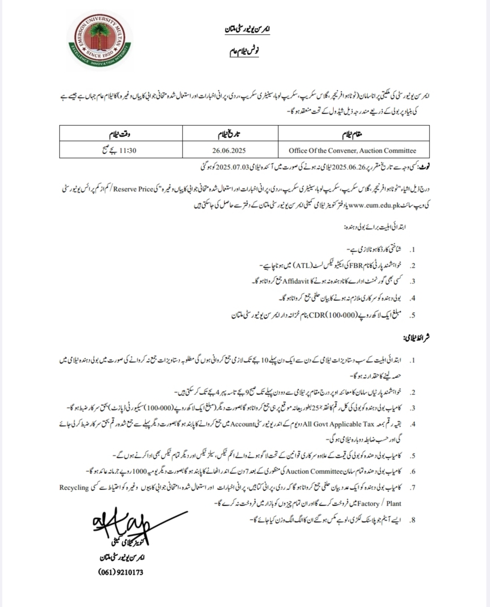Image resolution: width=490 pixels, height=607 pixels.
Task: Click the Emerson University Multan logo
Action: pyautogui.click(x=100, y=41)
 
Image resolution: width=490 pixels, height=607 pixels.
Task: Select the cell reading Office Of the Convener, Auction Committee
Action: pyautogui.click(x=352, y=151)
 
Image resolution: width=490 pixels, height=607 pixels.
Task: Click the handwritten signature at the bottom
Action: pyautogui.click(x=122, y=527)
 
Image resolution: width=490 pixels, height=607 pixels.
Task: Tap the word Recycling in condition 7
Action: pyautogui.click(x=74, y=488)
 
